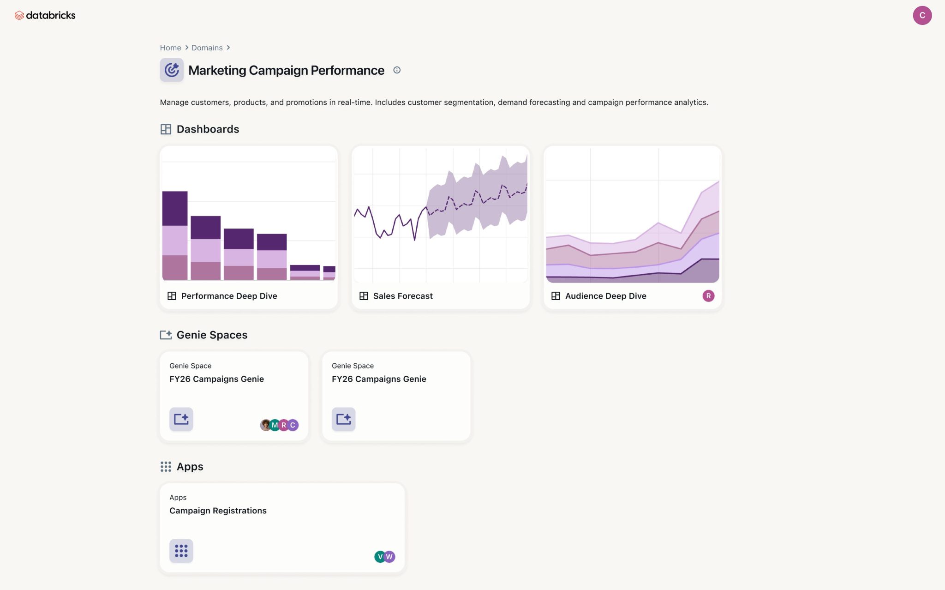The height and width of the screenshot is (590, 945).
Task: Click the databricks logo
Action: coord(45,15)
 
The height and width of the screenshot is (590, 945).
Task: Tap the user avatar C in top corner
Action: coord(921,15)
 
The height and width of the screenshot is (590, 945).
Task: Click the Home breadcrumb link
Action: coord(170,48)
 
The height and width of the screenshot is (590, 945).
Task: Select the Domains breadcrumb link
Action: coord(207,48)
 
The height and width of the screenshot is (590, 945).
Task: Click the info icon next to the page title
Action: coord(397,70)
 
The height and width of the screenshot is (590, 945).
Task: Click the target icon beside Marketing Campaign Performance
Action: coord(172,70)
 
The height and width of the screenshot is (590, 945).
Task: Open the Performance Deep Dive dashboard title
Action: coord(229,296)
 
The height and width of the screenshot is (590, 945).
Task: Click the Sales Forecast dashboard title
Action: coord(402,296)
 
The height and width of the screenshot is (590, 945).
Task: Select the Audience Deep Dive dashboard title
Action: coord(605,296)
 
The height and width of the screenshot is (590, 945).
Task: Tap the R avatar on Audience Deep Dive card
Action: coord(708,296)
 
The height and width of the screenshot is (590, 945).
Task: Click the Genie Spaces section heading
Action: coord(212,335)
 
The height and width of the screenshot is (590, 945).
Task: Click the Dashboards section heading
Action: coord(208,129)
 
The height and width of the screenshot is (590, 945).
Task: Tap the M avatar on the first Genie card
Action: coord(275,425)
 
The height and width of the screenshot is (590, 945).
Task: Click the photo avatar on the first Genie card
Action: coord(265,425)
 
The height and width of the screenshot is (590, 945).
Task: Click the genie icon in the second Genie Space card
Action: coord(343,419)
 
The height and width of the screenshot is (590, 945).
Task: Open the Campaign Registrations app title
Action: coord(218,511)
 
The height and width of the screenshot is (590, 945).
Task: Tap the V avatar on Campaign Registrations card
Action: coord(379,557)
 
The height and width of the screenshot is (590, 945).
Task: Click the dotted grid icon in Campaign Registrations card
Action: coord(181,551)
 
